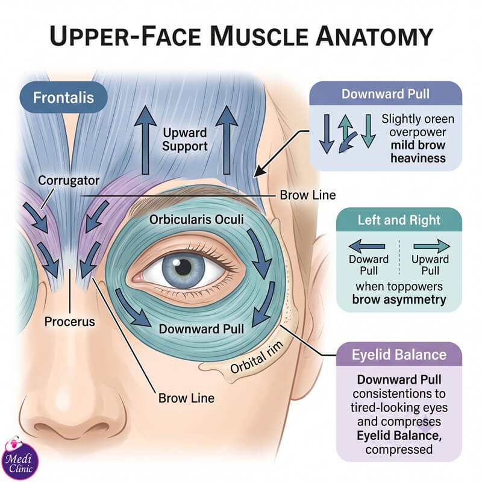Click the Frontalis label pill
click(64, 98)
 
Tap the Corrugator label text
click(69, 180)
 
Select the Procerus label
click(70, 322)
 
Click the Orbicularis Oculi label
click(196, 219)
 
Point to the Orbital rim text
click(257, 357)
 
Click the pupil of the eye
click(183, 266)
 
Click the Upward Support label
click(185, 139)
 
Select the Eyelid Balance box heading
click(399, 355)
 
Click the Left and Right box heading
click(399, 220)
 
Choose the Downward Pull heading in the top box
click(386, 94)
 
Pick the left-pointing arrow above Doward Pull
click(367, 246)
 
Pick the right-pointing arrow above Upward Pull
click(432, 246)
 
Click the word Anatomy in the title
click(374, 36)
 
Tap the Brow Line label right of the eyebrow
click(308, 195)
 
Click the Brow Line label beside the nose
click(186, 398)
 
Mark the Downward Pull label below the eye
click(201, 329)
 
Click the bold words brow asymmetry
click(399, 299)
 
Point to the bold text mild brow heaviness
click(418, 152)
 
